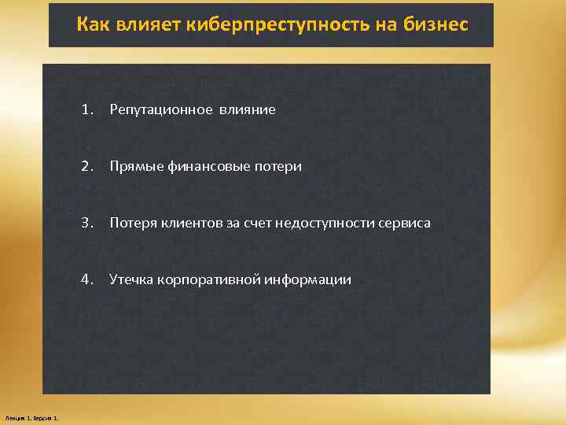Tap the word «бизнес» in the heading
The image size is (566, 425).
(x=438, y=25)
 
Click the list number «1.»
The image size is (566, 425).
(x=86, y=109)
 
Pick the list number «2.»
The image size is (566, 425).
(x=86, y=166)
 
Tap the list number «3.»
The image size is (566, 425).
(x=86, y=223)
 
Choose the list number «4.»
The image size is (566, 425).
(x=86, y=279)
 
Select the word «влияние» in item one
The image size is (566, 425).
(x=248, y=110)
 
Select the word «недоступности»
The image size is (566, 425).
(x=318, y=224)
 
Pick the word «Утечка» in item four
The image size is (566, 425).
(x=131, y=280)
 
